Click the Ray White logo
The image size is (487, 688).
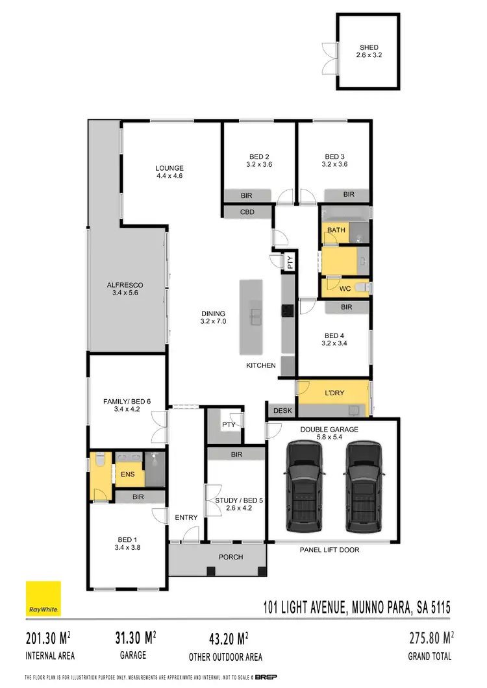(x=43, y=598)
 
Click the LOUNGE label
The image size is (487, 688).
(x=169, y=168)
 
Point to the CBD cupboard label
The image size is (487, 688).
(x=247, y=212)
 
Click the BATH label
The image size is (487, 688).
(x=336, y=230)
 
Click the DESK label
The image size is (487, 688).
(x=282, y=411)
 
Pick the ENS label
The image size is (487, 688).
(x=127, y=474)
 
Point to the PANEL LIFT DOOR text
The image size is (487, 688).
(x=329, y=550)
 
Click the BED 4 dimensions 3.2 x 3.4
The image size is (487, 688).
(x=334, y=344)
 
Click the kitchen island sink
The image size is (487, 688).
(x=256, y=317)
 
